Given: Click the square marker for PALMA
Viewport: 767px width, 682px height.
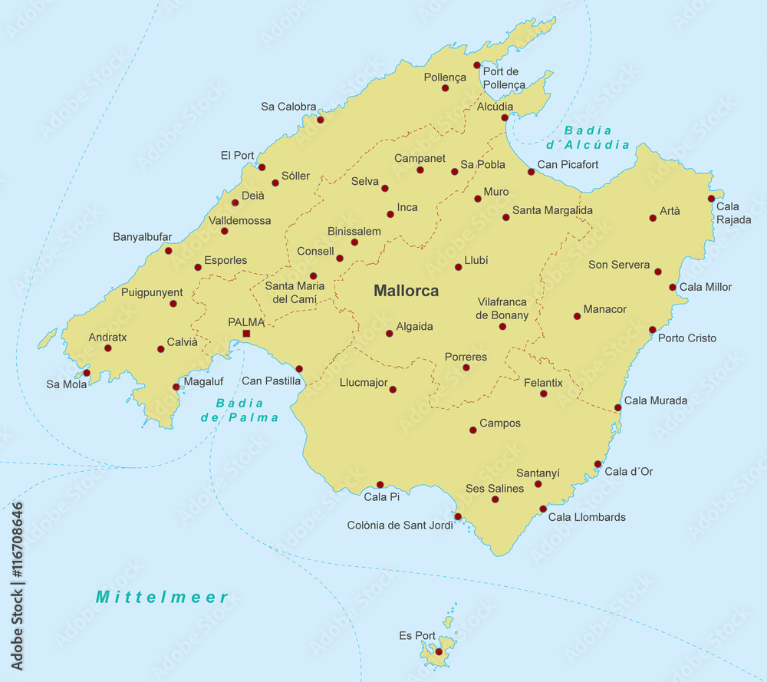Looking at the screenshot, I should pyautogui.click(x=246, y=334).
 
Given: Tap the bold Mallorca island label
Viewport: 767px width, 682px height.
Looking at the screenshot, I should pyautogui.click(x=406, y=291).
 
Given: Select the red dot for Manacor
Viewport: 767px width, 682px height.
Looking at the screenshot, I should pyautogui.click(x=577, y=316).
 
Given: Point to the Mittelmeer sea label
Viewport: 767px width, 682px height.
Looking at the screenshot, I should pyautogui.click(x=162, y=597).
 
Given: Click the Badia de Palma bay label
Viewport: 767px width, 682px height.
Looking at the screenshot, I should pyautogui.click(x=239, y=410).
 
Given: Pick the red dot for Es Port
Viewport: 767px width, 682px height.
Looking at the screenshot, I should pyautogui.click(x=439, y=651).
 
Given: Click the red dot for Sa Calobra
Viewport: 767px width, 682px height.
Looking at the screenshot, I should pyautogui.click(x=321, y=119).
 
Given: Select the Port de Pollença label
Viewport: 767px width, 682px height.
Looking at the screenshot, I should pyautogui.click(x=504, y=78).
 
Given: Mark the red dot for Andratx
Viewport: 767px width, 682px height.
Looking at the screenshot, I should pyautogui.click(x=108, y=348).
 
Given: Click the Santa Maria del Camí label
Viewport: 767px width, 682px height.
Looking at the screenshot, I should pyautogui.click(x=295, y=292).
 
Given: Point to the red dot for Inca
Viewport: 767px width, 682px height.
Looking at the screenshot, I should pyautogui.click(x=390, y=214).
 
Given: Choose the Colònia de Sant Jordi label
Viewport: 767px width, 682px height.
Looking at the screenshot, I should pyautogui.click(x=400, y=526).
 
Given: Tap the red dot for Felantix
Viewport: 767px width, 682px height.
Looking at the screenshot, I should pyautogui.click(x=543, y=394).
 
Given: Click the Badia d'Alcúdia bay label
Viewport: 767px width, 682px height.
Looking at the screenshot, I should pyautogui.click(x=588, y=137).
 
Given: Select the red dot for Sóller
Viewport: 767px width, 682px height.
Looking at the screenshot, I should pyautogui.click(x=275, y=183).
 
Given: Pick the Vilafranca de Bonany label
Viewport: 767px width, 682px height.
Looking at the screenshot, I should pyautogui.click(x=502, y=308).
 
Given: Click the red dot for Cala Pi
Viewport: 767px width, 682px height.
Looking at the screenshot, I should pyautogui.click(x=380, y=485).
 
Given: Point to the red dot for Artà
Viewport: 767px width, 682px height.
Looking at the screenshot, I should pyautogui.click(x=653, y=218).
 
